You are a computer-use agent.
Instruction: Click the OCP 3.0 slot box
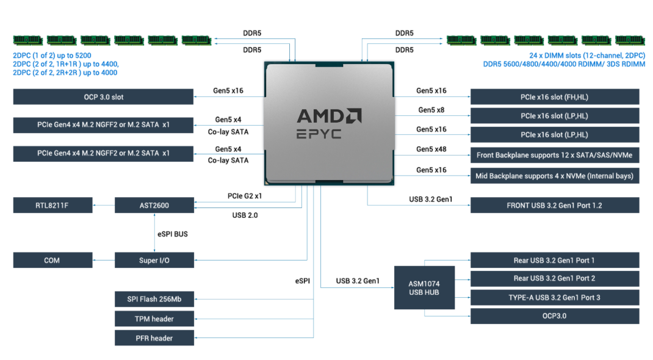click(x=103, y=96)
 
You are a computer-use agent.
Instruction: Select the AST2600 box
click(x=154, y=205)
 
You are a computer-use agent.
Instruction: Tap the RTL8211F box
click(x=52, y=205)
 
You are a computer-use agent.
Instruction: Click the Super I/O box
click(x=154, y=261)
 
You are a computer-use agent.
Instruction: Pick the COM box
click(x=52, y=261)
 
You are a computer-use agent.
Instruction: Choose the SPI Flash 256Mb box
click(x=154, y=299)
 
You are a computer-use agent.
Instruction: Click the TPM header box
click(x=154, y=319)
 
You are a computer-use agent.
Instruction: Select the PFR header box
click(x=154, y=338)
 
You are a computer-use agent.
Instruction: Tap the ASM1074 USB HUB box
click(x=424, y=287)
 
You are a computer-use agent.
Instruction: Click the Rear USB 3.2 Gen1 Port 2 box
click(x=554, y=278)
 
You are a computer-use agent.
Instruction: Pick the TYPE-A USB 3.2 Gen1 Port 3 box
click(x=554, y=297)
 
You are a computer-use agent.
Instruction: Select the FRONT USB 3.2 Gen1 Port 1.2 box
click(x=554, y=205)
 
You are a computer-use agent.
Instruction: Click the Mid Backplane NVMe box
click(x=554, y=176)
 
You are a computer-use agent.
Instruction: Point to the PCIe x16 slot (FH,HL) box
click(x=554, y=96)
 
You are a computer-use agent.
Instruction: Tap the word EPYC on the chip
click(x=319, y=134)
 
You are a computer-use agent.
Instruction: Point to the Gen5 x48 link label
click(x=431, y=149)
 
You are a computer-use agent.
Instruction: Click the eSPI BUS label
click(x=171, y=233)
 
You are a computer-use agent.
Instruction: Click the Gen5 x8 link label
click(x=431, y=110)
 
